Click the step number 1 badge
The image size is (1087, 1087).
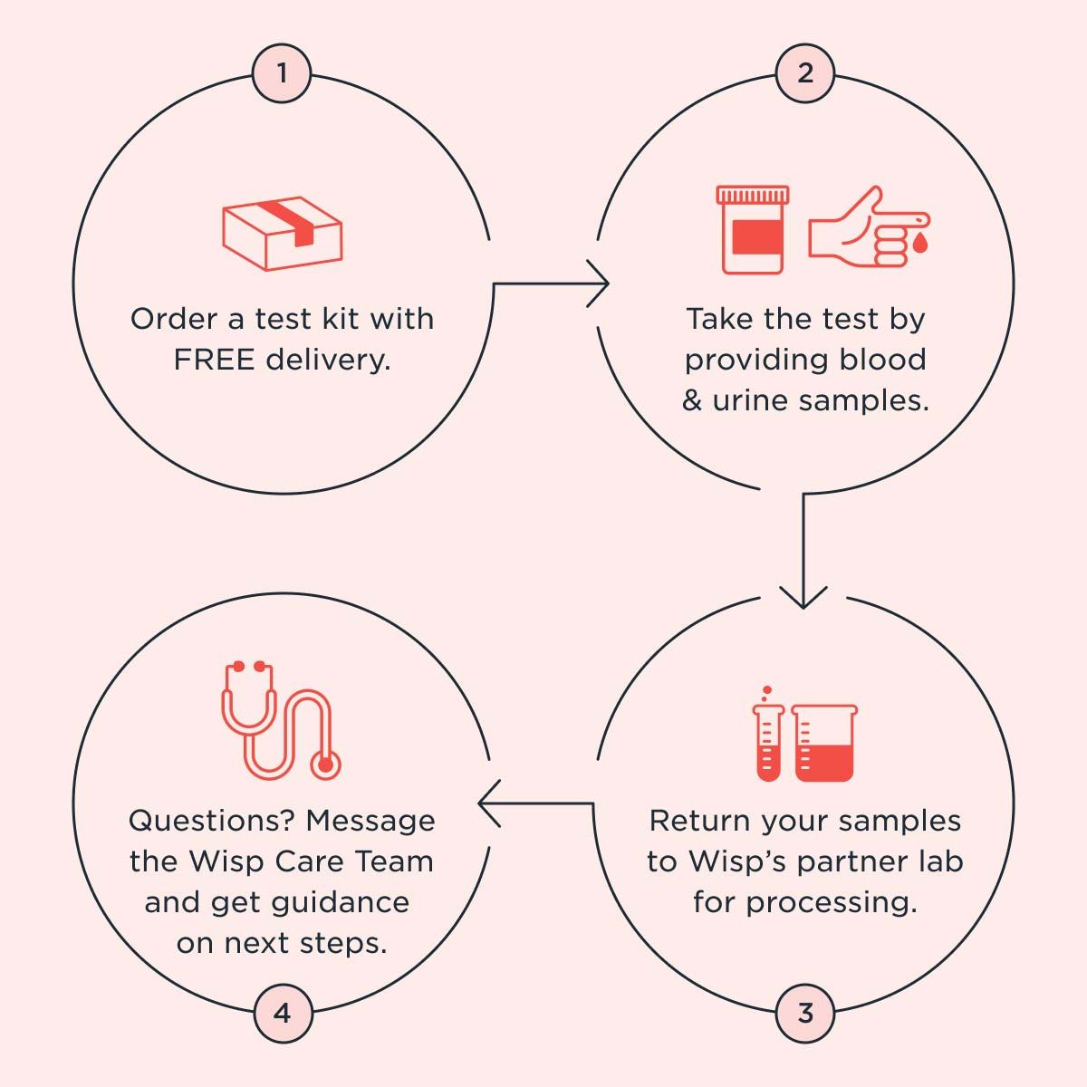point(282,73)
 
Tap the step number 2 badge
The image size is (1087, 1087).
point(805,73)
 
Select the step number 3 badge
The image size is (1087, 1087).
point(805,1013)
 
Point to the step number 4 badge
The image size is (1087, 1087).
point(282,1013)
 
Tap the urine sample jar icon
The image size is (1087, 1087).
point(752,230)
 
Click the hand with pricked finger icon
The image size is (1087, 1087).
point(861,226)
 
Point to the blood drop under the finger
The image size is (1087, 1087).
point(920,243)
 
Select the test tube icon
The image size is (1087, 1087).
point(767,738)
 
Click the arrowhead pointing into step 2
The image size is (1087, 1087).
point(600,284)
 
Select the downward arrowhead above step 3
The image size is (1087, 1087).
point(803,598)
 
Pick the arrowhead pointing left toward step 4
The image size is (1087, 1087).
point(487,803)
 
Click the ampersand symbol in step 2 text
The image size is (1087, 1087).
point(692,400)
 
